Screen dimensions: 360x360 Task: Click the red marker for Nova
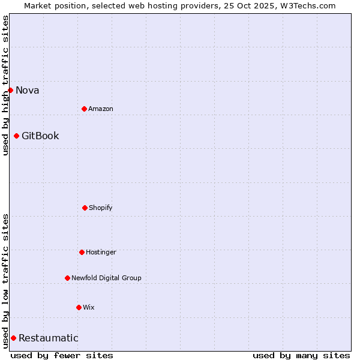tap(10, 90)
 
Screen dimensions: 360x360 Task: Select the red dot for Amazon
tap(84, 109)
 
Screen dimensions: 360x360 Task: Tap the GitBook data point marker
tap(16, 136)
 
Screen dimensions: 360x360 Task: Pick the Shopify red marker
tap(85, 208)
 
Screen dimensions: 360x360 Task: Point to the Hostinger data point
tap(82, 252)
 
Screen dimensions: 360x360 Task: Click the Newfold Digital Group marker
tap(67, 278)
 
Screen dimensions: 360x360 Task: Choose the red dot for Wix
tap(79, 307)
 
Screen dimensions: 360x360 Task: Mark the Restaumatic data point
tap(13, 338)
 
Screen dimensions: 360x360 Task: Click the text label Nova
tap(27, 90)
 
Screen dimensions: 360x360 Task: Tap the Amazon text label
tap(100, 109)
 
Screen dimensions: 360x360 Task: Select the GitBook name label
tap(40, 136)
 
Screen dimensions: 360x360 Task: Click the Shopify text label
tap(100, 208)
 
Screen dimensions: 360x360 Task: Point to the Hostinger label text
tap(101, 252)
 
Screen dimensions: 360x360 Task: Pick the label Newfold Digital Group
tap(106, 278)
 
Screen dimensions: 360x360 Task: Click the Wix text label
tap(88, 307)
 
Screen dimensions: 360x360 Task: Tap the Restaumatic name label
tap(48, 338)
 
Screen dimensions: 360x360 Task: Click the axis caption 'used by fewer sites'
tap(62, 355)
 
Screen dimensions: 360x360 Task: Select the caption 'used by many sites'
tap(301, 355)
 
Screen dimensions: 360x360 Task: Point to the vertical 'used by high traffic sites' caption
tap(5, 85)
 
